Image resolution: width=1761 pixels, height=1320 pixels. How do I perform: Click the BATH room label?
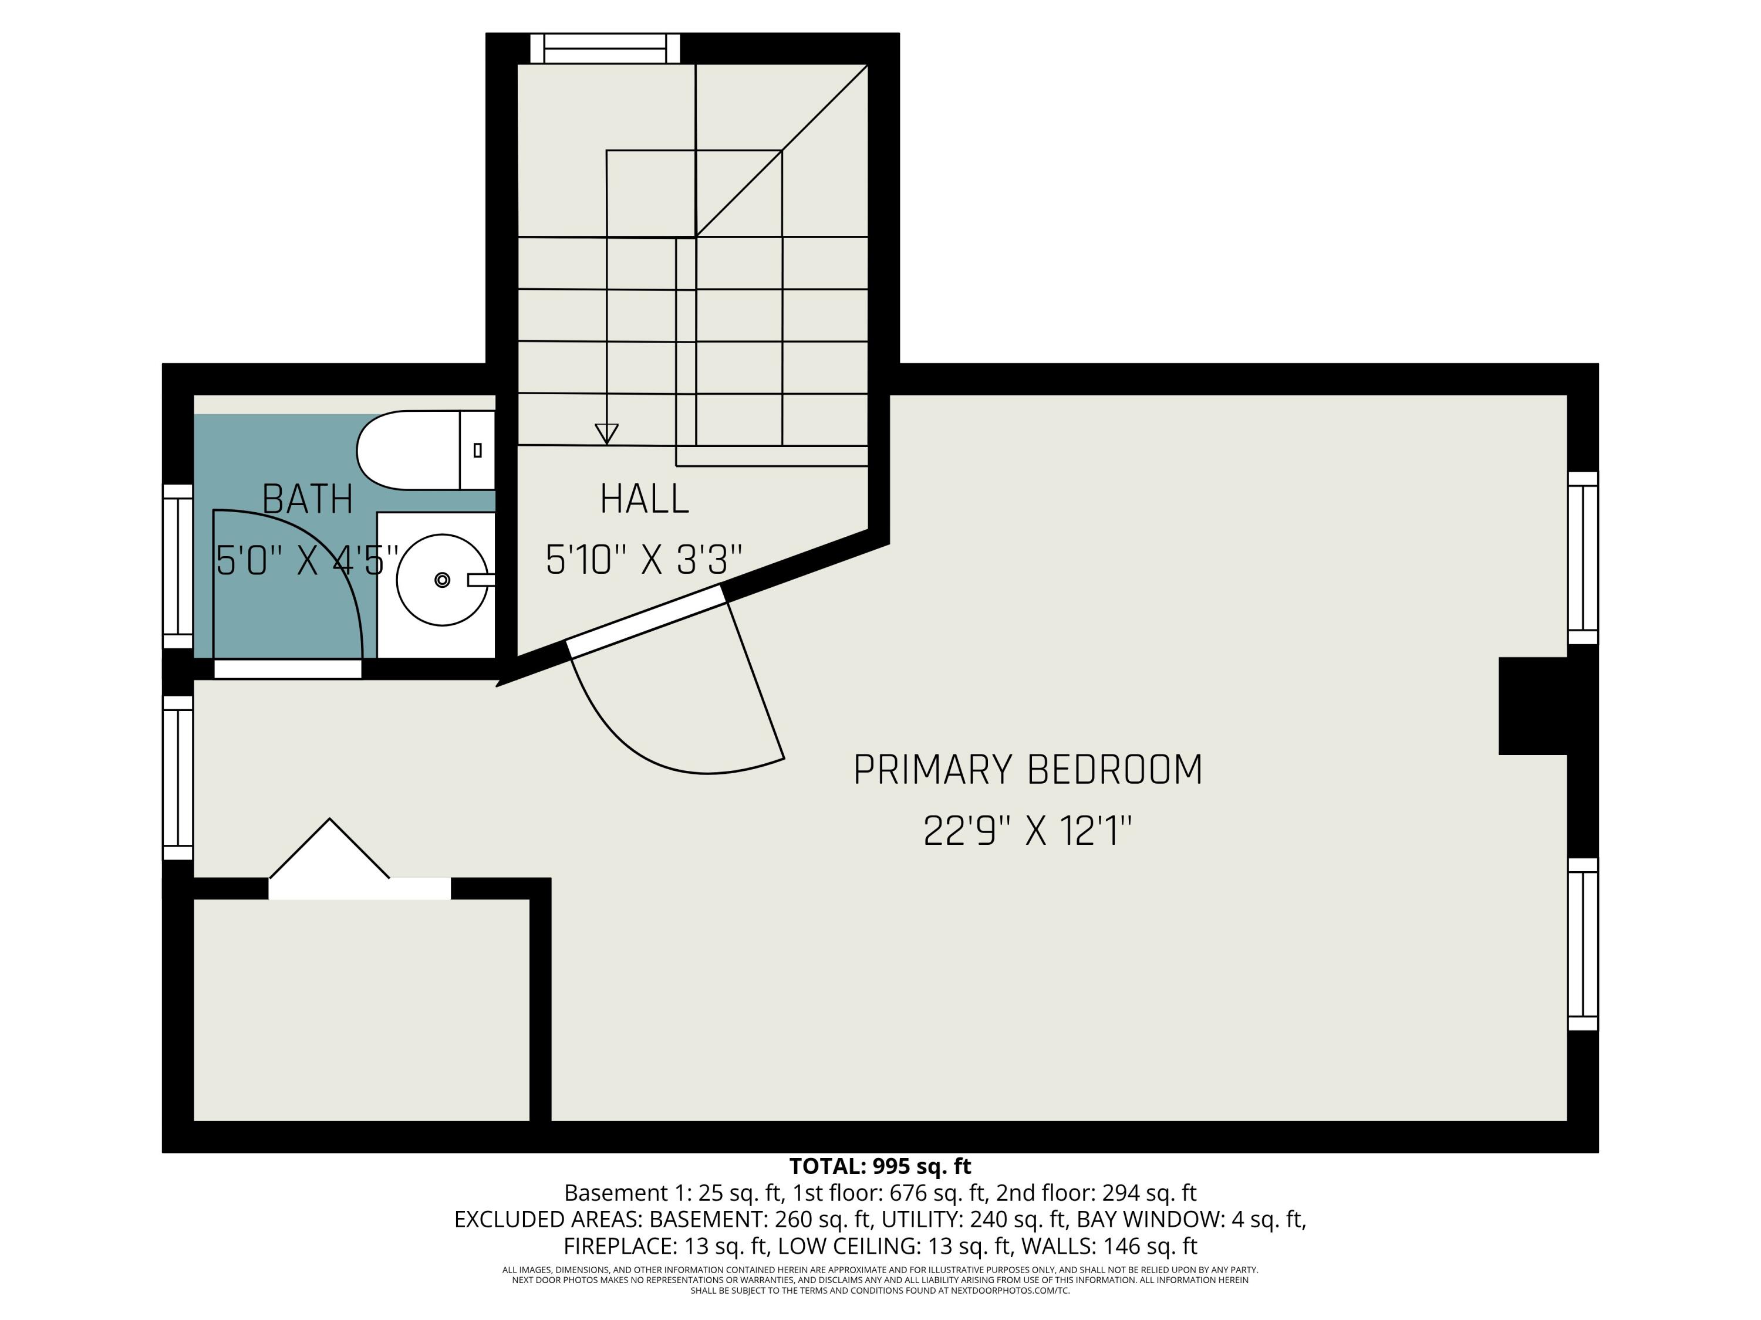[x=308, y=500]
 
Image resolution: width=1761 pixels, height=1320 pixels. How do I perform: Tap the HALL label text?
[x=644, y=500]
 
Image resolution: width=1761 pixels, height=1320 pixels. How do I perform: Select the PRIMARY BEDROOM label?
[x=1027, y=770]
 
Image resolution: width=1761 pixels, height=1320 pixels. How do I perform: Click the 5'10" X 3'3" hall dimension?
[x=643, y=560]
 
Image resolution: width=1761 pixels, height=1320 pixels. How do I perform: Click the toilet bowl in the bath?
[x=406, y=451]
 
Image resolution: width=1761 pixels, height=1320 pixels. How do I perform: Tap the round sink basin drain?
[x=443, y=580]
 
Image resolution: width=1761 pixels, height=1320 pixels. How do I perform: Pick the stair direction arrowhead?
[x=606, y=434]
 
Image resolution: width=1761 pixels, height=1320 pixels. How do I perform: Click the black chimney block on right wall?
[x=1533, y=706]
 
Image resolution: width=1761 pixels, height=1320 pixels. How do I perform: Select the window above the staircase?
[x=605, y=49]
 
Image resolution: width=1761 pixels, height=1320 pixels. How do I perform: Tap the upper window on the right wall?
[x=1583, y=558]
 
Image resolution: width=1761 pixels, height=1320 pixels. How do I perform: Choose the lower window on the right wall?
[x=1583, y=945]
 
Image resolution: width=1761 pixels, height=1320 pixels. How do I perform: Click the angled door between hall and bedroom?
[x=645, y=621]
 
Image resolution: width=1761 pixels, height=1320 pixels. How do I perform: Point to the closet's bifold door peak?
[x=329, y=821]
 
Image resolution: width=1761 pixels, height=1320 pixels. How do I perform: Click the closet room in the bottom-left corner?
[x=362, y=1010]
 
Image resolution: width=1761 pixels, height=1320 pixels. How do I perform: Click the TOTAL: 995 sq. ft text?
[x=880, y=1166]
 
